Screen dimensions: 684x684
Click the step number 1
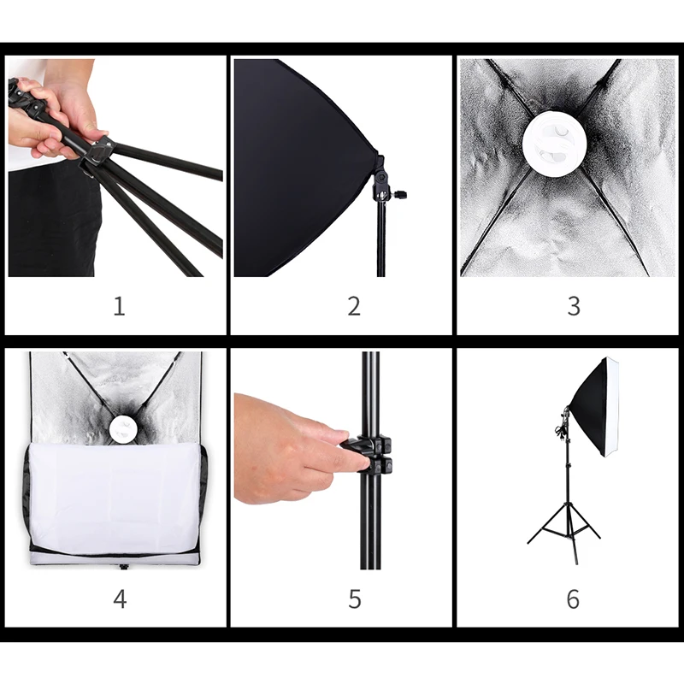[119, 306]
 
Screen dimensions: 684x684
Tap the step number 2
[354, 306]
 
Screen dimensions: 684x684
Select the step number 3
[574, 306]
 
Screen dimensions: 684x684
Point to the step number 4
[120, 598]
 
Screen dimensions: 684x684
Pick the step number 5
[355, 598]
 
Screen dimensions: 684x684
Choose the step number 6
[573, 598]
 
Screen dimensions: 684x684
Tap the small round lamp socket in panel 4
[124, 430]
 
